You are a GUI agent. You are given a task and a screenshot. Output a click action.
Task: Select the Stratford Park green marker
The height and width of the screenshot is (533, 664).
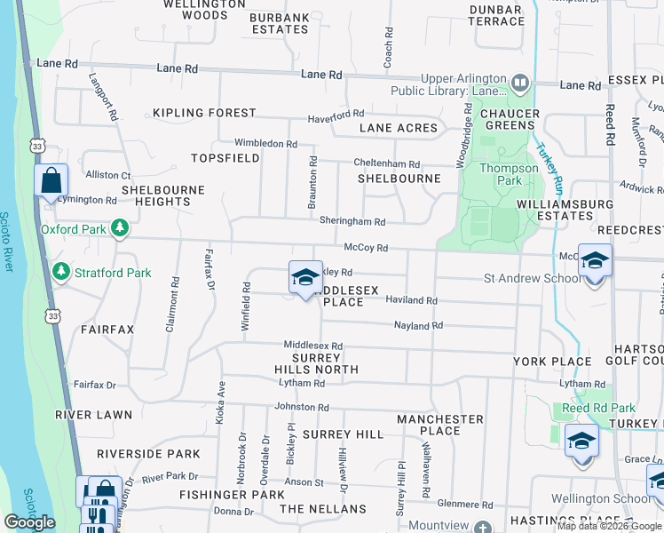61,272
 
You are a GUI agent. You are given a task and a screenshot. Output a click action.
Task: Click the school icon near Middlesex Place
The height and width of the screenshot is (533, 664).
305,277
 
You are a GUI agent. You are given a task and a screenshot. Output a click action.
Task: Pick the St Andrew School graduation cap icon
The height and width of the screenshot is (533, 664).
595,261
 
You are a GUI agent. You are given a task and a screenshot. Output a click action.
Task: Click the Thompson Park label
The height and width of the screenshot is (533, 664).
509,174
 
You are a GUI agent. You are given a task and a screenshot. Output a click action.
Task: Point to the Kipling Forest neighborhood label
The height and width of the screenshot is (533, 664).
204,114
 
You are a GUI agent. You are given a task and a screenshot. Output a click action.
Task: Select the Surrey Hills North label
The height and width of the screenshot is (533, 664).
318,362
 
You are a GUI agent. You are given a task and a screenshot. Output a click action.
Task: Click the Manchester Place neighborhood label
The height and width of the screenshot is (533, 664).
440,425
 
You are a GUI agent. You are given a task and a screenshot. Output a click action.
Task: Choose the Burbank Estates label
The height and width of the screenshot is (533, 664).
279,23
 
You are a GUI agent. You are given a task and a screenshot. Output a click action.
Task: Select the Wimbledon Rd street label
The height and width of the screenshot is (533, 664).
265,143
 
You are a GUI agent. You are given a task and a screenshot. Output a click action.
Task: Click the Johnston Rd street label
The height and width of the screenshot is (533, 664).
302,407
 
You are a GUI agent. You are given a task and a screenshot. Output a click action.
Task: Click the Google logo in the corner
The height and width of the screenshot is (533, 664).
29,521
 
